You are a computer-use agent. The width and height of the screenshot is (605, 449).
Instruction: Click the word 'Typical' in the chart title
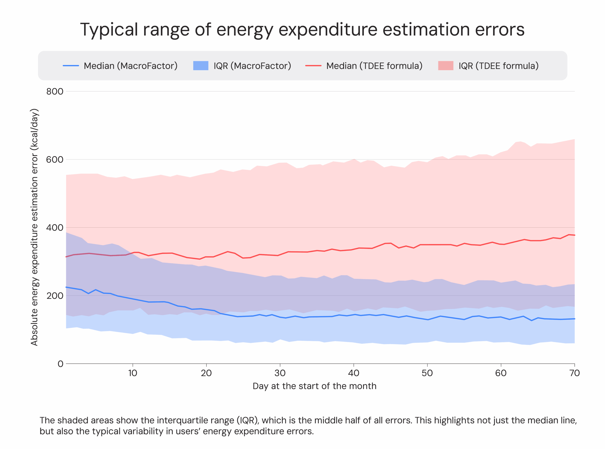coord(109,30)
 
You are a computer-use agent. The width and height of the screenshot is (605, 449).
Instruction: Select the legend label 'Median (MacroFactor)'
coord(130,66)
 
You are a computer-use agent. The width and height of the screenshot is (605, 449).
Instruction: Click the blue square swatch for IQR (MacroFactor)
coord(200,66)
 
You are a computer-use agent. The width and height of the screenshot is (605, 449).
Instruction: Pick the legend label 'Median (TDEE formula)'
coord(374,66)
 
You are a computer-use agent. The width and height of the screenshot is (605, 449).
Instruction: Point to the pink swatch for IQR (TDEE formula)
coord(445,66)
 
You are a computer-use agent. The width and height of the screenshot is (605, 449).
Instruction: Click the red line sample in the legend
coord(313,66)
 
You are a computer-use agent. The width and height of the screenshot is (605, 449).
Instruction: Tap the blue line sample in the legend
coord(71,66)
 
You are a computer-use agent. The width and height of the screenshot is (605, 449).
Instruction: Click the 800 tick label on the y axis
coord(55,92)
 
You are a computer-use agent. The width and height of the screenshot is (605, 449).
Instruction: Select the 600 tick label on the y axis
coord(55,160)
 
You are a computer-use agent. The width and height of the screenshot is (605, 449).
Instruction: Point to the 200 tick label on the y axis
coord(55,296)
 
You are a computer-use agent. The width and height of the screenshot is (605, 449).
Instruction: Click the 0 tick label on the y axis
coord(60,364)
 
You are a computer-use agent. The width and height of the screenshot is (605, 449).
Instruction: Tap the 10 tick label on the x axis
coord(133,373)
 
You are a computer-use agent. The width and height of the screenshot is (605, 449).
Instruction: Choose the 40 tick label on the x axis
coord(354,373)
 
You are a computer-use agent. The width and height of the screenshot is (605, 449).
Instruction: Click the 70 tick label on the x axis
coord(574,373)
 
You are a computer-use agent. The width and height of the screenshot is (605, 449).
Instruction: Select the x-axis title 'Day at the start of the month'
coord(314,386)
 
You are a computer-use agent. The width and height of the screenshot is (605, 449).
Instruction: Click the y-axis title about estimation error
coord(35,227)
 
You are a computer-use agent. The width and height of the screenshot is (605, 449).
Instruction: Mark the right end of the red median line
coord(574,235)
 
